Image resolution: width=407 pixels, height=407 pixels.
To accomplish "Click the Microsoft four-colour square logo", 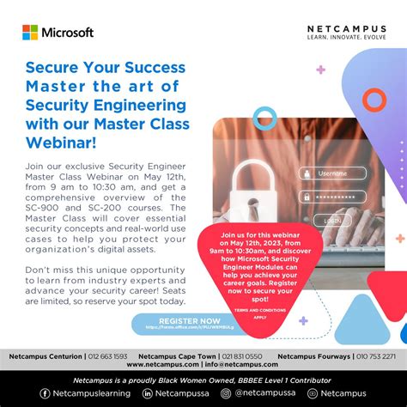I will [30, 33].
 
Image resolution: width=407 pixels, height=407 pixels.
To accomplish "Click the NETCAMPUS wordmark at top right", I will [346, 29].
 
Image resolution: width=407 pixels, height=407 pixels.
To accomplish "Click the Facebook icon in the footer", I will [46, 393].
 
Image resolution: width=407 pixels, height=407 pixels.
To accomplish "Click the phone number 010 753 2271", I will [377, 355].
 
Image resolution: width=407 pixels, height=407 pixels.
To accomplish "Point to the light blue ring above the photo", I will [264, 118].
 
